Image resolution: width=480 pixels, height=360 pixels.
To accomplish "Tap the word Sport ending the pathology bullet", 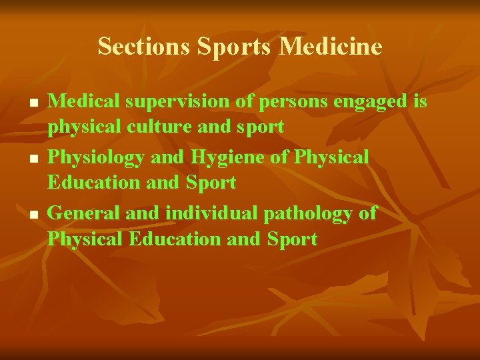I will point(292,239).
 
